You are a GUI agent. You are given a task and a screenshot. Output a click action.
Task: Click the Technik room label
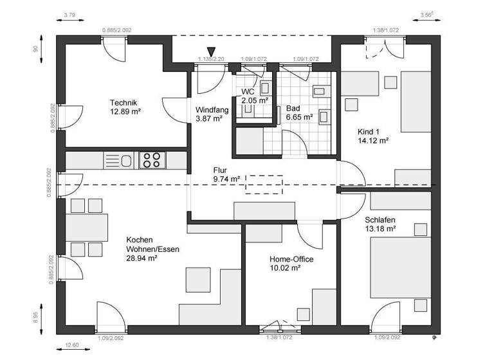pos(125,107)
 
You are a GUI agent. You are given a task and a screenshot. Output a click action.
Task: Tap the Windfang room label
pos(208,114)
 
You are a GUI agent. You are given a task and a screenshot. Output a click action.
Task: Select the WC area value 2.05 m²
pos(253,100)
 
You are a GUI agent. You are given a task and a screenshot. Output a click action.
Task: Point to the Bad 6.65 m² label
pos(299,113)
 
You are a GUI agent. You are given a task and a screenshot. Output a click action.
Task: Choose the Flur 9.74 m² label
pos(226,175)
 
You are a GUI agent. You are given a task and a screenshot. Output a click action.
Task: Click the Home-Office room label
pos(291,264)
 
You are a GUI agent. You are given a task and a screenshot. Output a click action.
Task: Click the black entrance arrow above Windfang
pos(211,52)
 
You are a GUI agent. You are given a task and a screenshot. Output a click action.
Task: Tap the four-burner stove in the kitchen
pos(153,159)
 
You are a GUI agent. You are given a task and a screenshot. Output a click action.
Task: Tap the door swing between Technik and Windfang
pos(172,106)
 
